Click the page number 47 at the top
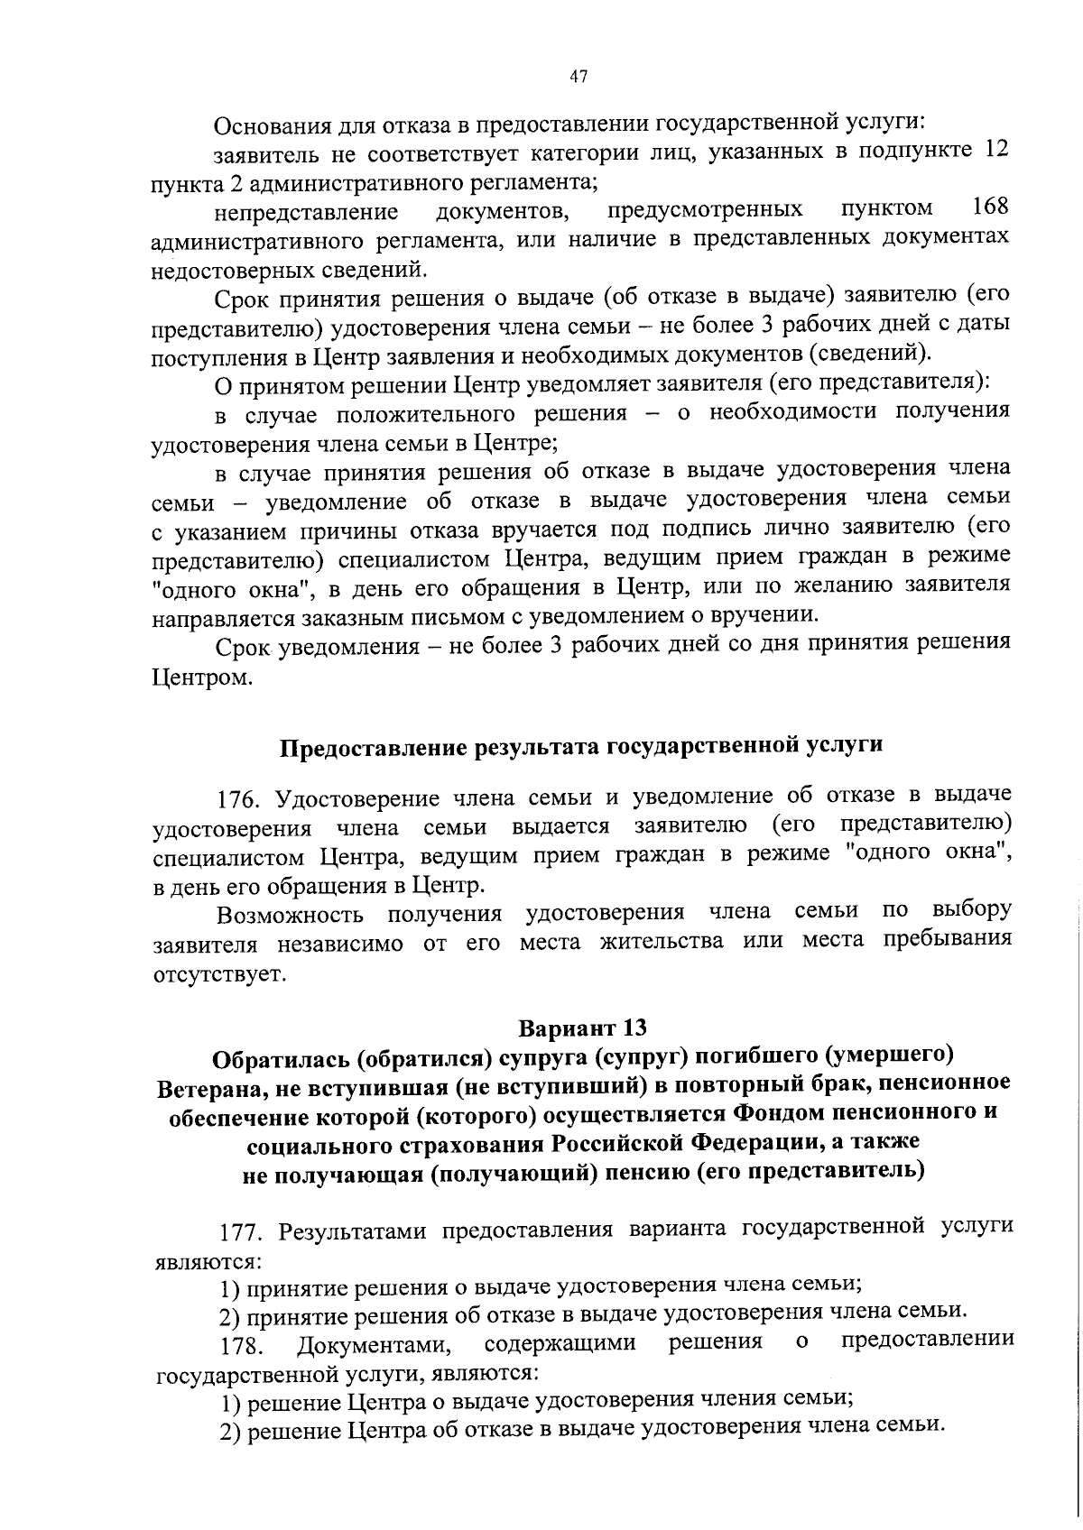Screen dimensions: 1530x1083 click(579, 78)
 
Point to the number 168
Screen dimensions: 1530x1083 click(990, 208)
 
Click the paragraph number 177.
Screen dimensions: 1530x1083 click(245, 1231)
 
